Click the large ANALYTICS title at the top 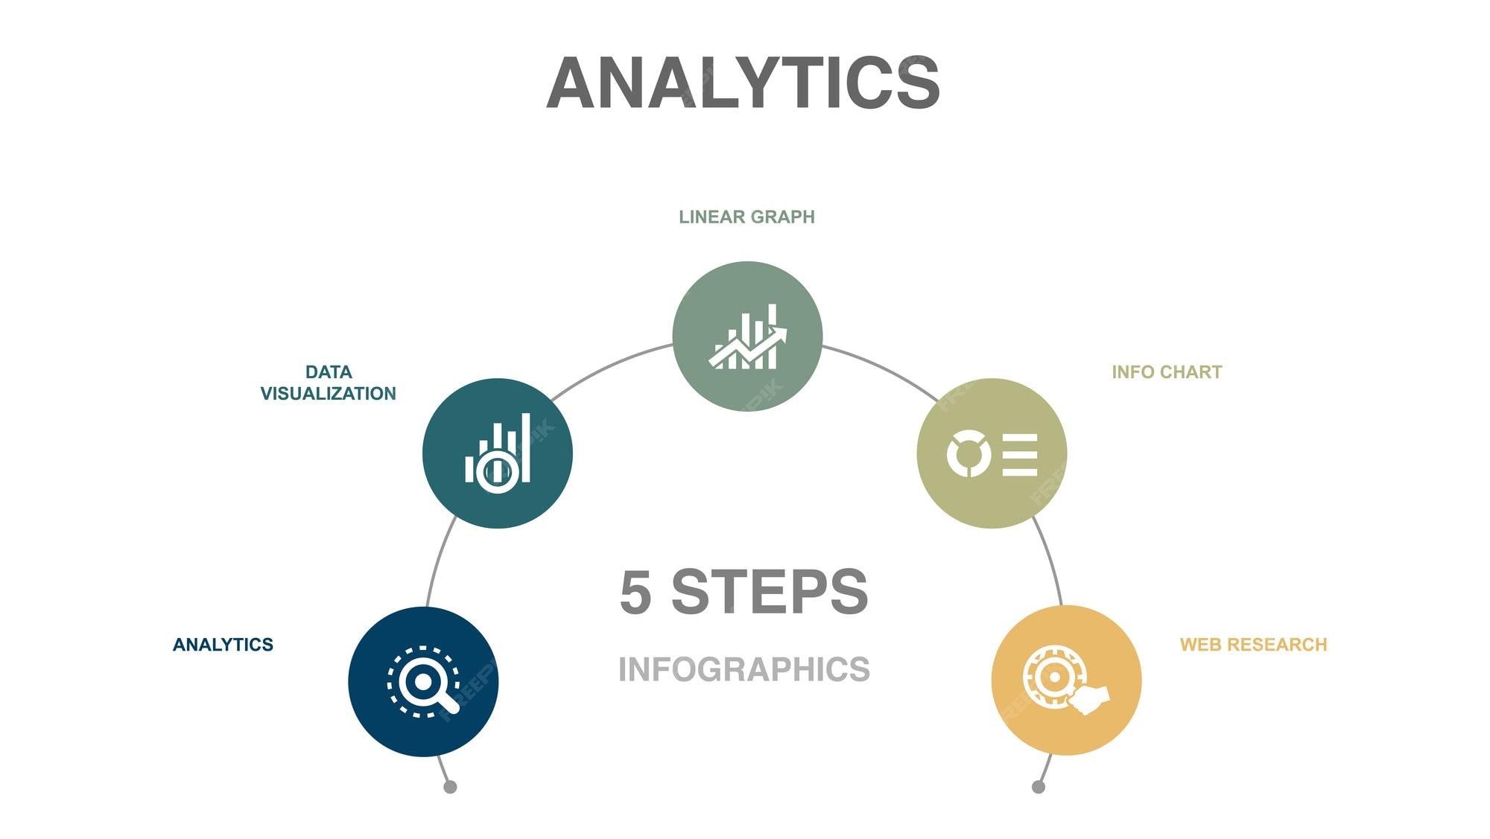[x=744, y=83]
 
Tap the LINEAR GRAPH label [x=746, y=217]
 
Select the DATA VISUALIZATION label [x=328, y=383]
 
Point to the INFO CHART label [x=1167, y=371]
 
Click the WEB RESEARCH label [x=1253, y=644]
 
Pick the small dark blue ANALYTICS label [x=223, y=644]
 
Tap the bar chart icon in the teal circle [x=498, y=453]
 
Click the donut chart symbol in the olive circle [x=968, y=453]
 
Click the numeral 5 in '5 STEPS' [x=635, y=592]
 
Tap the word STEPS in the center [x=770, y=592]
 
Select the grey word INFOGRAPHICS [x=744, y=669]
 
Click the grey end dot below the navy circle [x=450, y=787]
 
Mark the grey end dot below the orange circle [x=1039, y=787]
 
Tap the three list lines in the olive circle [x=1020, y=453]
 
